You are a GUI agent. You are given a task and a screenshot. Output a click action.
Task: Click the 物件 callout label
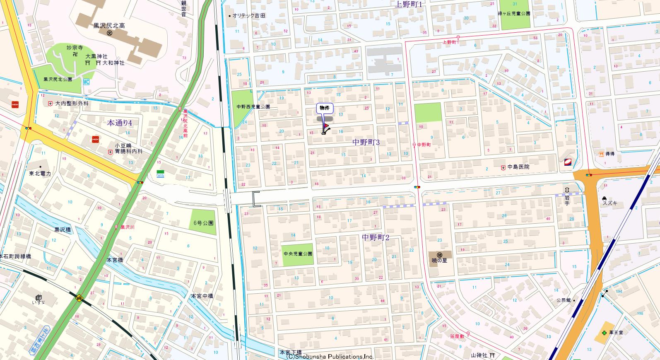pyautogui.click(x=325, y=108)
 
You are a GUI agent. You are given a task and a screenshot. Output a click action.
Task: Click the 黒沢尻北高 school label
pyautogui.click(x=108, y=26)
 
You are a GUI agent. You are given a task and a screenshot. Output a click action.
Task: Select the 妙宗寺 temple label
pyautogui.click(x=72, y=48)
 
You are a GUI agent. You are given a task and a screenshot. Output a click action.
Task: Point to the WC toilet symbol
pyautogui.click(x=86, y=82)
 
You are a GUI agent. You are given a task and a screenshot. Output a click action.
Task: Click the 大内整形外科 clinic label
pyautogui.click(x=72, y=104)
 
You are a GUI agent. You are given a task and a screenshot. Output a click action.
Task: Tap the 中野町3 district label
pyautogui.click(x=366, y=142)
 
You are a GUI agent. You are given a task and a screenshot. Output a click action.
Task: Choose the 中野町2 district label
pyautogui.click(x=376, y=237)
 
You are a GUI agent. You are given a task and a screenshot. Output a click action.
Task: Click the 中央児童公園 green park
pyautogui.click(x=298, y=254)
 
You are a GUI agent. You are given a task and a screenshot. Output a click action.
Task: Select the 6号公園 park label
pyautogui.click(x=204, y=223)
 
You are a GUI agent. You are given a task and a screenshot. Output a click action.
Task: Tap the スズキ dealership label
pyautogui.click(x=610, y=203)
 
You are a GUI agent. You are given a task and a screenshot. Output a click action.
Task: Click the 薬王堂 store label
pyautogui.click(x=617, y=332)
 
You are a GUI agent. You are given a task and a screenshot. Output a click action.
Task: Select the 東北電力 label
pyautogui.click(x=40, y=174)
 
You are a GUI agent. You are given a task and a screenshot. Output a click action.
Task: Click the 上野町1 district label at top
pyautogui.click(x=408, y=5)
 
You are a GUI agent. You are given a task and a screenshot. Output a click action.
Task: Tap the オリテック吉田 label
pyautogui.click(x=248, y=15)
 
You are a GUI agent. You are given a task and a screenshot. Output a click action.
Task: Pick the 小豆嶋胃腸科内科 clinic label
pyautogui.click(x=129, y=149)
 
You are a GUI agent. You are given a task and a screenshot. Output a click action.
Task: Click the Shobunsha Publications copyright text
pyautogui.click(x=330, y=356)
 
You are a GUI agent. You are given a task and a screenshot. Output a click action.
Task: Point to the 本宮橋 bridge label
pyautogui.click(x=115, y=260)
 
